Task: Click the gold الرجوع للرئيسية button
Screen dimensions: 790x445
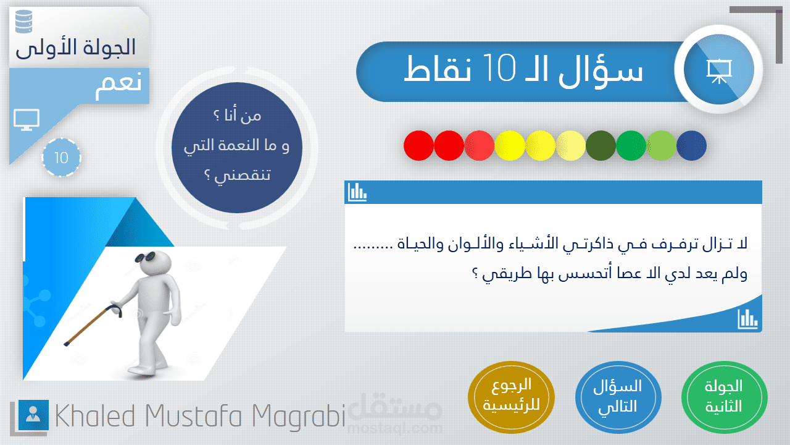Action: [511, 397]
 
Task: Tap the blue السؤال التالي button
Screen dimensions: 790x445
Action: [618, 397]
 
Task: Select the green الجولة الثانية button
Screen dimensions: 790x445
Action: [725, 397]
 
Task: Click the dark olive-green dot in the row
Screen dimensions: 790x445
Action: [601, 145]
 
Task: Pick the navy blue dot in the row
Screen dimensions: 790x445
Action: [692, 145]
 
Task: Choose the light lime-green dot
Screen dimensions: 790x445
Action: [661, 145]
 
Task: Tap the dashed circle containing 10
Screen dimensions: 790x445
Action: [61, 158]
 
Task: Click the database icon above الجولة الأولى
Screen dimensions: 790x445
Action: [24, 22]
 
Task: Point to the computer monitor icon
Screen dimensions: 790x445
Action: [27, 120]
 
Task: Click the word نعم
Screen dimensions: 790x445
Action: [118, 85]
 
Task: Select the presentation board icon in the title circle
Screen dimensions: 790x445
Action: [719, 71]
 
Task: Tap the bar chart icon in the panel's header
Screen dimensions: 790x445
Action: [357, 192]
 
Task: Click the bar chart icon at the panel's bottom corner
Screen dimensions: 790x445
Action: [747, 320]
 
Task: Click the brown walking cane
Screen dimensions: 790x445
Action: [93, 325]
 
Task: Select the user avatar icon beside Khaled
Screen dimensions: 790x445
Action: [33, 415]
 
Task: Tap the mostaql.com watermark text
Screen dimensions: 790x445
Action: [394, 428]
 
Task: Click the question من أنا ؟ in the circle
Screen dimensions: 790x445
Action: [238, 116]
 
